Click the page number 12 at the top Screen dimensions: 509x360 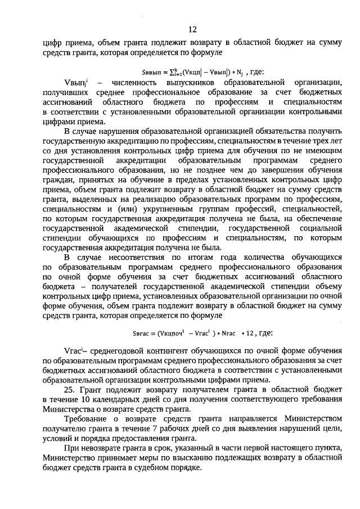(x=192, y=29)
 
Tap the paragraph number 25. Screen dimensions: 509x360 (x=71, y=390)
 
